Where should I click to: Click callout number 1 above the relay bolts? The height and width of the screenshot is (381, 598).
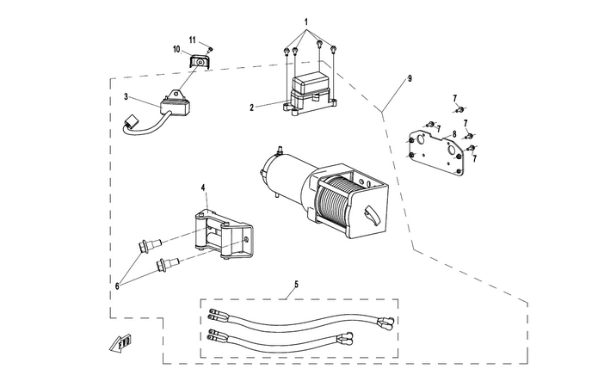point(305,22)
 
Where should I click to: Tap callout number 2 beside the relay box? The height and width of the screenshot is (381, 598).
point(252,108)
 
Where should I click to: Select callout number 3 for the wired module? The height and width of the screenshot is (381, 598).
point(126,97)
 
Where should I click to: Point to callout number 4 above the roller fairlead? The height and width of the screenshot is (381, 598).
point(203,187)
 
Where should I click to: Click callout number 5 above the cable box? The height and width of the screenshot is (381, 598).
point(296,284)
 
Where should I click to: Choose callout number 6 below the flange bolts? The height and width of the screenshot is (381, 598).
point(118,286)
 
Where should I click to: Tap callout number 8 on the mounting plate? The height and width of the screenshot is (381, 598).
point(454,134)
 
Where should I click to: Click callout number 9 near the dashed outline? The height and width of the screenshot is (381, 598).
point(410,78)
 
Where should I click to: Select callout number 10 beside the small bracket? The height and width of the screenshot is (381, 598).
point(176,49)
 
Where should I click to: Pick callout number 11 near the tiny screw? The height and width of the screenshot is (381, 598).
point(193,40)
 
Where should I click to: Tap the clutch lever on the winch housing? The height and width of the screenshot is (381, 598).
point(372,216)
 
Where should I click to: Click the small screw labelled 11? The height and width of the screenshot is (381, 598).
point(210,50)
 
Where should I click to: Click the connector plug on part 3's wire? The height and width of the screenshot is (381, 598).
point(131,121)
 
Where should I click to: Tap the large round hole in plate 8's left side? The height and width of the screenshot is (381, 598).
point(422,139)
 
